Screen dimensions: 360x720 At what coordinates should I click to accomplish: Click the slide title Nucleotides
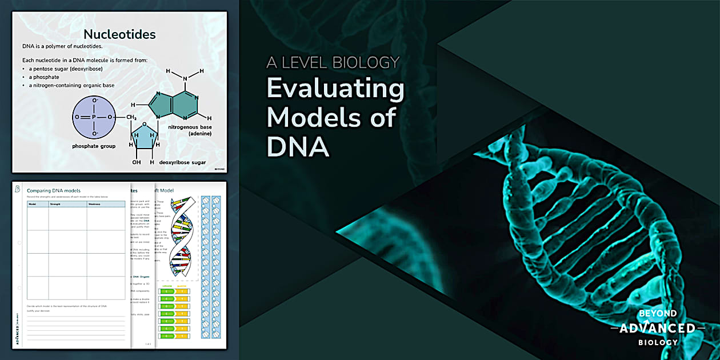click(x=119, y=34)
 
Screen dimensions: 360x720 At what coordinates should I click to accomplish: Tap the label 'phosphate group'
click(x=94, y=146)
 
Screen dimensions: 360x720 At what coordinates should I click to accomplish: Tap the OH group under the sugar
click(x=135, y=162)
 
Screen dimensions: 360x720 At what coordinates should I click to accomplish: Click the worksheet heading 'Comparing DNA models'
click(x=54, y=190)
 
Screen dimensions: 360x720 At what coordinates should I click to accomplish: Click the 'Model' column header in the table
click(x=33, y=203)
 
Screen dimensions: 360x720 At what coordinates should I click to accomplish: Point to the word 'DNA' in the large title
click(x=298, y=146)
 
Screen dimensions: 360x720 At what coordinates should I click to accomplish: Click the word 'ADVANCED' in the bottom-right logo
click(x=658, y=328)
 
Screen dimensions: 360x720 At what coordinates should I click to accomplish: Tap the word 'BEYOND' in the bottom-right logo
click(x=658, y=314)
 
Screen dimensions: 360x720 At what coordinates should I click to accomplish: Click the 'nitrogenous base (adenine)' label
click(x=190, y=130)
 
